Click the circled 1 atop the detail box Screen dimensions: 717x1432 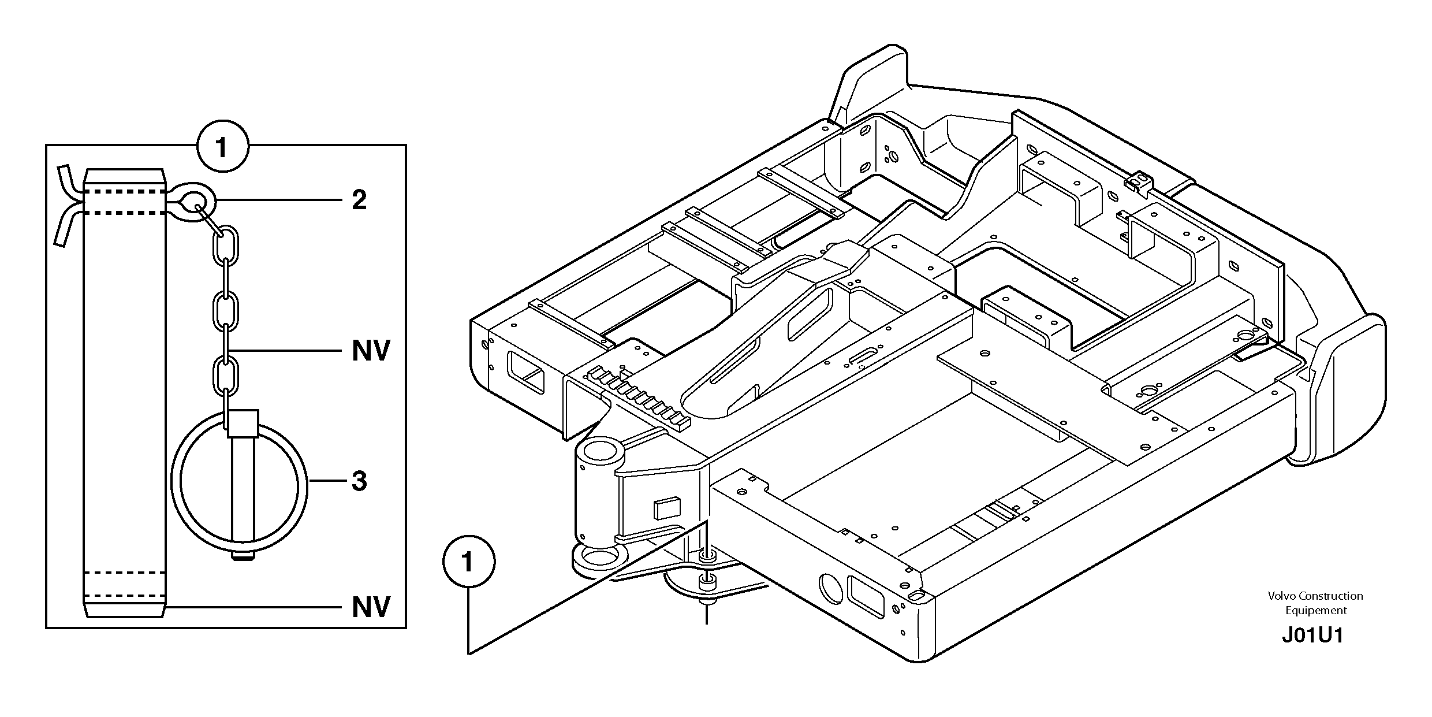point(223,147)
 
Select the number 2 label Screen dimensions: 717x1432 point(359,200)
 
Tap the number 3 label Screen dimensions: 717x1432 point(359,481)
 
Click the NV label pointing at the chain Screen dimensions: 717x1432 point(371,351)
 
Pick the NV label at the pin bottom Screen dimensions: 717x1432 point(371,607)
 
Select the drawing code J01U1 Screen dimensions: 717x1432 point(1312,636)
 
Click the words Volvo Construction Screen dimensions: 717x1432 point(1315,596)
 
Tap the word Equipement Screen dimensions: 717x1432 point(1315,611)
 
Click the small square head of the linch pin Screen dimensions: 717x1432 point(243,423)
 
